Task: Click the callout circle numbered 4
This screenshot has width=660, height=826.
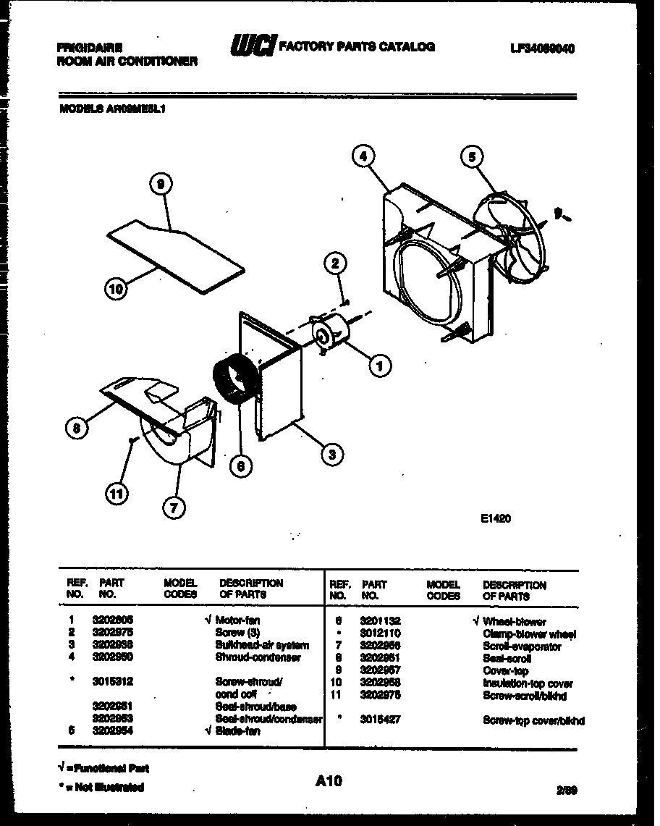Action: click(364, 155)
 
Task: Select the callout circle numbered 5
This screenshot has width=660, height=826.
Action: click(472, 156)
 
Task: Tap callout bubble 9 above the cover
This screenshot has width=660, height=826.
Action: click(161, 185)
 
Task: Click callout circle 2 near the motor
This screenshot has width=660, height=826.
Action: click(335, 264)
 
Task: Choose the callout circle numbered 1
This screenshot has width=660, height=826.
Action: click(378, 366)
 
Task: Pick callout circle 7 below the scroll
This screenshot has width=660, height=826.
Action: click(173, 508)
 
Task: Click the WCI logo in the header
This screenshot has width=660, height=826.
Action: click(253, 47)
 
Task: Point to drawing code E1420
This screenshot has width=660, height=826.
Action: click(495, 518)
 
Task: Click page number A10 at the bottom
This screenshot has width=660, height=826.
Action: click(329, 781)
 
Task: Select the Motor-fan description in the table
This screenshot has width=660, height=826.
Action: click(237, 620)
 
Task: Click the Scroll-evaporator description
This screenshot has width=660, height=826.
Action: click(521, 646)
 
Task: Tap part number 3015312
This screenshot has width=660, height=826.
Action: click(112, 682)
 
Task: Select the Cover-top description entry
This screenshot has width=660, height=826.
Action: click(505, 670)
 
